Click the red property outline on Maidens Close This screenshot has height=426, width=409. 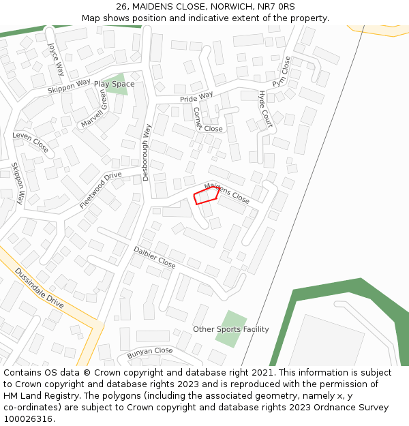(x=207, y=196)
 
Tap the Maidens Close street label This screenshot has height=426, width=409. (x=227, y=193)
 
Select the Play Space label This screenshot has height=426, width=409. (x=114, y=85)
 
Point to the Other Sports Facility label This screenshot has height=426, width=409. (x=230, y=329)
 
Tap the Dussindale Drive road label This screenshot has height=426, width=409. (x=40, y=287)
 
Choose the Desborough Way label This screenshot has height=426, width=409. (x=146, y=152)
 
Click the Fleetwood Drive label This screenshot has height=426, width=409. (x=100, y=190)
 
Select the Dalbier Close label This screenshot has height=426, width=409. (x=155, y=256)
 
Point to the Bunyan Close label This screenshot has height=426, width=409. (x=150, y=352)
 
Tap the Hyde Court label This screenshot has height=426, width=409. (x=265, y=109)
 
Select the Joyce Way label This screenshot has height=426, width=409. (x=56, y=59)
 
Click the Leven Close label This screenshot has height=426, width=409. (x=31, y=142)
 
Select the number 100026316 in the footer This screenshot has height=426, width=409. (x=29, y=419)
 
